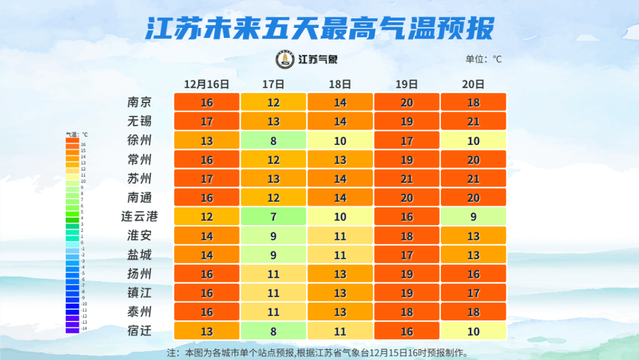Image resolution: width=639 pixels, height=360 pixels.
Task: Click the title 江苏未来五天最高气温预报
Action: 319,28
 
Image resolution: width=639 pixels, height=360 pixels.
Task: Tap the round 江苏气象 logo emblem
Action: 286,59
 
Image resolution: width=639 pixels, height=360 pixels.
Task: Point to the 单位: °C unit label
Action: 483,59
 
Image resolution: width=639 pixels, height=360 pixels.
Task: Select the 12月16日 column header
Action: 206,84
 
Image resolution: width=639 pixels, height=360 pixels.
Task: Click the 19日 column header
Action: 406,84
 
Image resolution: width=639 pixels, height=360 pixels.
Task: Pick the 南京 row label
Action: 140,102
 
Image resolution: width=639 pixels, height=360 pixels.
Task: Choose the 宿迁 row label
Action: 140,331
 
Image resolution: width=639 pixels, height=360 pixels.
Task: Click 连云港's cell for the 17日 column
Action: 273,217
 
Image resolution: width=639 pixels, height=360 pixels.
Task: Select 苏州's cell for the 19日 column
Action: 406,179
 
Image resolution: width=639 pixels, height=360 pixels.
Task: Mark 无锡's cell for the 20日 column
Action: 473,121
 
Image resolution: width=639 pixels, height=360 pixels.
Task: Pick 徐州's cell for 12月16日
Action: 206,141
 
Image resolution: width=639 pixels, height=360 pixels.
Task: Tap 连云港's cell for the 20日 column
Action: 473,217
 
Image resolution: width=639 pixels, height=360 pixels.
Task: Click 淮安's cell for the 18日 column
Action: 340,236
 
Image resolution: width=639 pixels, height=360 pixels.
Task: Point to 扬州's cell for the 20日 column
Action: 473,274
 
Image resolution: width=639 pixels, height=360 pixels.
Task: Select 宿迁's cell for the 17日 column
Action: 273,331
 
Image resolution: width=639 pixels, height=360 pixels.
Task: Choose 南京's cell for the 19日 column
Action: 406,102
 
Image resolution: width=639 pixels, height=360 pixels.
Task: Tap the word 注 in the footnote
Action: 172,353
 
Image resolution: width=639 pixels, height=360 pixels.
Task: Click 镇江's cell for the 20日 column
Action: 473,293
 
